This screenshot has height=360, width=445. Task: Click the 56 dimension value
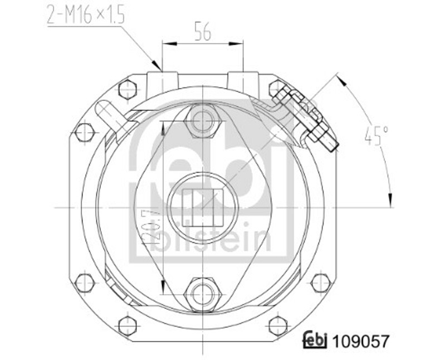203,32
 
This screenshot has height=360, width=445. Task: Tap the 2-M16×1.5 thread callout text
86,14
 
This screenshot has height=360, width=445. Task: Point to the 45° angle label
376,136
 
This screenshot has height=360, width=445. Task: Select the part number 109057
360,341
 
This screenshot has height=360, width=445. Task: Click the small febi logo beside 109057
315,339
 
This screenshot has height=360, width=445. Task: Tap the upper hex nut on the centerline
202,121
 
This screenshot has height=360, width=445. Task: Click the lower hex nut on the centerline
203,294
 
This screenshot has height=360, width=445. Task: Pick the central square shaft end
202,208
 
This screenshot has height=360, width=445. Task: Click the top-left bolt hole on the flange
128,89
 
